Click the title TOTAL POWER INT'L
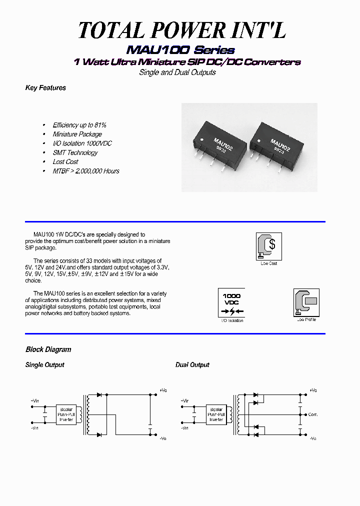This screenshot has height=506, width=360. (x=182, y=31)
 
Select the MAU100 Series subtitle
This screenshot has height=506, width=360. (x=180, y=50)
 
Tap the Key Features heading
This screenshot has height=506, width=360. (x=45, y=88)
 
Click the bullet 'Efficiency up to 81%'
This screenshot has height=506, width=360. (x=79, y=125)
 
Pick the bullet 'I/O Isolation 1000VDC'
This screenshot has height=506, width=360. (x=82, y=143)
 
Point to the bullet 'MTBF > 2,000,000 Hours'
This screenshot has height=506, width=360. (x=86, y=171)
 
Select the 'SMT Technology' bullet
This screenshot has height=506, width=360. (x=75, y=152)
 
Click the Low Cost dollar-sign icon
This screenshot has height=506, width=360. (x=268, y=246)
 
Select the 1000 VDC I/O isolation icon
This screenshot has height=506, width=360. (x=231, y=302)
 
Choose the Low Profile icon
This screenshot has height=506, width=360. (x=306, y=302)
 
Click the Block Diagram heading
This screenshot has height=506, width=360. (x=48, y=349)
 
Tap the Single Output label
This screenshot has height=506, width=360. (x=44, y=365)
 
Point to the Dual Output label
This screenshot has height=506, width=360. (x=192, y=365)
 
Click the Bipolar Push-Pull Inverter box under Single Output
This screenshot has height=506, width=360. (x=66, y=414)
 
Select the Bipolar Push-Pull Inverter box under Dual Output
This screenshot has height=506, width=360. (x=216, y=414)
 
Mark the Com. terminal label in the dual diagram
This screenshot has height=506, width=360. (x=313, y=414)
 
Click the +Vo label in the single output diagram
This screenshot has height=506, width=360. (x=163, y=390)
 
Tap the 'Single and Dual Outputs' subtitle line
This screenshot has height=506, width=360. (x=177, y=72)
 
